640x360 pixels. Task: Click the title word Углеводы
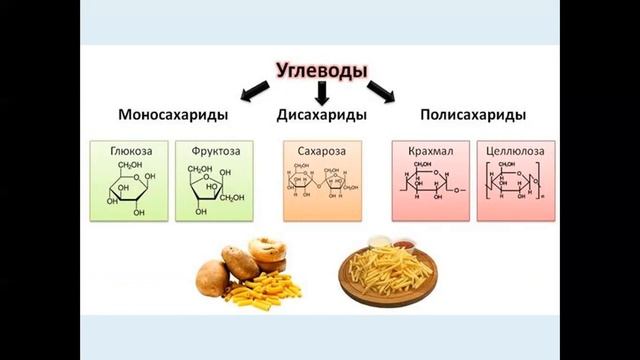(x=321, y=71)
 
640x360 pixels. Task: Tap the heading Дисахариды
(x=321, y=115)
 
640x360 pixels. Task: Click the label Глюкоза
(x=131, y=150)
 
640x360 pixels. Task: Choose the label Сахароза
(x=321, y=150)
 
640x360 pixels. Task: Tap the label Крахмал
(x=431, y=150)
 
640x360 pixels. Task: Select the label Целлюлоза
(x=514, y=150)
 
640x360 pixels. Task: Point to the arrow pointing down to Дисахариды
(x=322, y=93)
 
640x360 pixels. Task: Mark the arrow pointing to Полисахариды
(x=380, y=92)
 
